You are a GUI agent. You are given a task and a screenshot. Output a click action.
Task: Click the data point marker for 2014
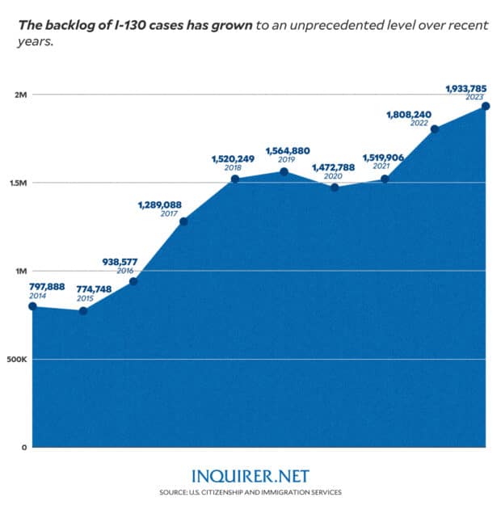click(x=33, y=305)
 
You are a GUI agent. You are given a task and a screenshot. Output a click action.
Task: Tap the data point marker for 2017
click(x=184, y=221)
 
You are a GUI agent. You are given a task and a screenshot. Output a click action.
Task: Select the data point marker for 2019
click(x=284, y=172)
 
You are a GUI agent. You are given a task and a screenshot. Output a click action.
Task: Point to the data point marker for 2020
click(x=335, y=187)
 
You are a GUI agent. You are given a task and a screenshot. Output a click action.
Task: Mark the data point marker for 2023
click(x=486, y=106)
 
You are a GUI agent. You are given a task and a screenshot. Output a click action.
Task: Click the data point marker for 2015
click(x=83, y=310)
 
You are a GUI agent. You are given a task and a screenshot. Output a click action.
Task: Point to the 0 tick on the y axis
click(x=25, y=447)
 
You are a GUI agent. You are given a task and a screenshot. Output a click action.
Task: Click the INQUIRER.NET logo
click(x=250, y=476)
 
